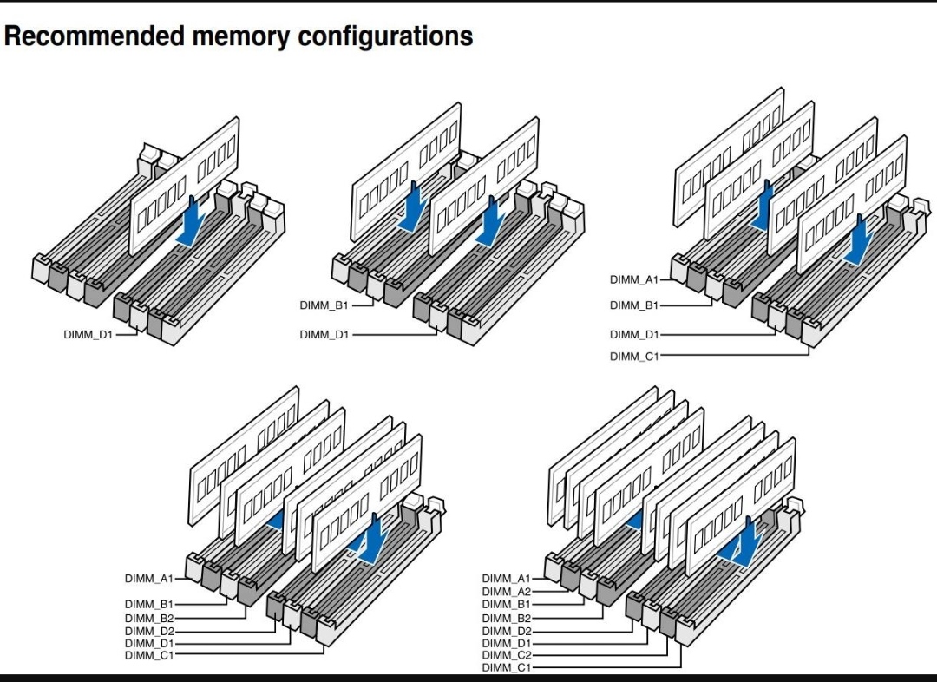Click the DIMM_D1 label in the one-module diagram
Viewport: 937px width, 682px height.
click(x=88, y=334)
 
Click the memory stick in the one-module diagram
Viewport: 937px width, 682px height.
click(x=183, y=187)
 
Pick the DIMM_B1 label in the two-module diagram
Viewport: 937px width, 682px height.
click(x=324, y=305)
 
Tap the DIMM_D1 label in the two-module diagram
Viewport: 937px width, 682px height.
click(x=324, y=334)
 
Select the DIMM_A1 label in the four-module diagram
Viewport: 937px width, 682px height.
click(x=634, y=279)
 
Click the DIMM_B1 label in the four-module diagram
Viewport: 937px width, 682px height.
click(x=634, y=305)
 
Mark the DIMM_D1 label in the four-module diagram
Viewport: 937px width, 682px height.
click(x=634, y=334)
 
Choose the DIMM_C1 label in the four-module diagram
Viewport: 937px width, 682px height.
click(x=634, y=357)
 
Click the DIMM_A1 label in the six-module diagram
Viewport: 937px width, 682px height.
click(x=149, y=578)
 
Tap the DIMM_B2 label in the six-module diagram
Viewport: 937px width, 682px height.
click(x=149, y=618)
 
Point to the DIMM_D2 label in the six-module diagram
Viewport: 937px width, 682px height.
click(x=149, y=631)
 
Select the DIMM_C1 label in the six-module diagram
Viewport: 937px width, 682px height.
click(x=149, y=655)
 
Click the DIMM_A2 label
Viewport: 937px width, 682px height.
click(x=506, y=591)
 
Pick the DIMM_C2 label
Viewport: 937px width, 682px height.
click(x=506, y=655)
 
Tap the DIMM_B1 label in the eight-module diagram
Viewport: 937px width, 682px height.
click(x=506, y=604)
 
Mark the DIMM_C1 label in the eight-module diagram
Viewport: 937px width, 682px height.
click(x=506, y=667)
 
